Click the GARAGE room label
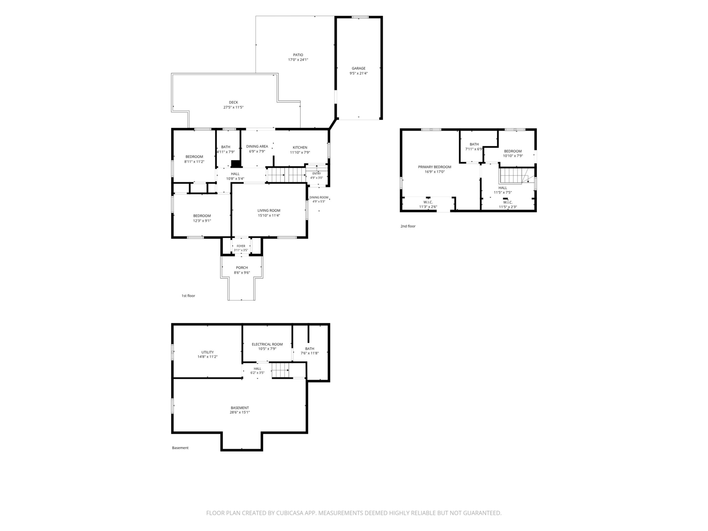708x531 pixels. click(359, 68)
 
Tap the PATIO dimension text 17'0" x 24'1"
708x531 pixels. click(298, 60)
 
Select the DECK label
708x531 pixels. click(233, 102)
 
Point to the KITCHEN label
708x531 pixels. click(300, 147)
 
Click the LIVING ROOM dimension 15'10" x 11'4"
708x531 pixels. click(269, 215)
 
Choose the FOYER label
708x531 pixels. click(241, 246)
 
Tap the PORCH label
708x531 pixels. click(242, 267)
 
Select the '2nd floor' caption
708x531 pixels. click(408, 226)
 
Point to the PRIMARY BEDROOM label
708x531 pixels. click(435, 167)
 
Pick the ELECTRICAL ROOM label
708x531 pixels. click(267, 344)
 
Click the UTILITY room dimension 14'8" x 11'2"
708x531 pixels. click(207, 357)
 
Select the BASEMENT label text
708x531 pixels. click(240, 408)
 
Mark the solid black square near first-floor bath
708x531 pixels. click(236, 164)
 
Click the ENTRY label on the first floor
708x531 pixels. click(317, 174)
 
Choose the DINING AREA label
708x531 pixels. click(257, 147)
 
